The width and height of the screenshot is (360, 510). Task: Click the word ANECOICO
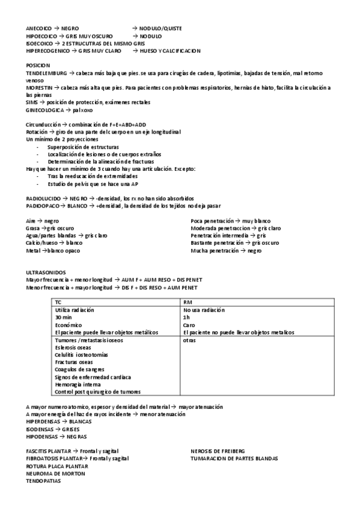[38, 28]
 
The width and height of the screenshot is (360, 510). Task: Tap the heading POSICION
[38, 65]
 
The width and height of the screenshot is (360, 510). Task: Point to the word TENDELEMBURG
[46, 73]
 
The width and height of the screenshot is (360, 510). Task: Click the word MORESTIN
[39, 88]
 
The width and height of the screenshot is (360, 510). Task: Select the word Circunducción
[43, 124]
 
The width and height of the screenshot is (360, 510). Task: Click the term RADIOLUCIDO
[43, 198]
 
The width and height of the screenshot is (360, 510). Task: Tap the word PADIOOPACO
[42, 205]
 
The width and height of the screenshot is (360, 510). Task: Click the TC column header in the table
[58, 302]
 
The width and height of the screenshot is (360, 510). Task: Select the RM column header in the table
[187, 302]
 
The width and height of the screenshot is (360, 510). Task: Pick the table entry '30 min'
[63, 317]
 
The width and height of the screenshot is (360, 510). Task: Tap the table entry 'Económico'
[68, 324]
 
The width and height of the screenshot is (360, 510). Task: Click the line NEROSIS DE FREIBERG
[218, 451]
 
